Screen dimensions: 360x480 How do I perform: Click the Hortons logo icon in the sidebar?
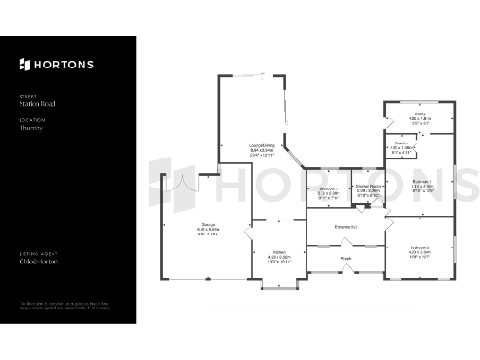pos(24,65)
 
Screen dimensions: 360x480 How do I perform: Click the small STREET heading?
pos(26,96)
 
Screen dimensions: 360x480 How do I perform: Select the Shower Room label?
pos(367,187)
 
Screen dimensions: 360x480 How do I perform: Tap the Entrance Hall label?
pos(349,226)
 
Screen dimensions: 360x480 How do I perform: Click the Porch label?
pos(345,259)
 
